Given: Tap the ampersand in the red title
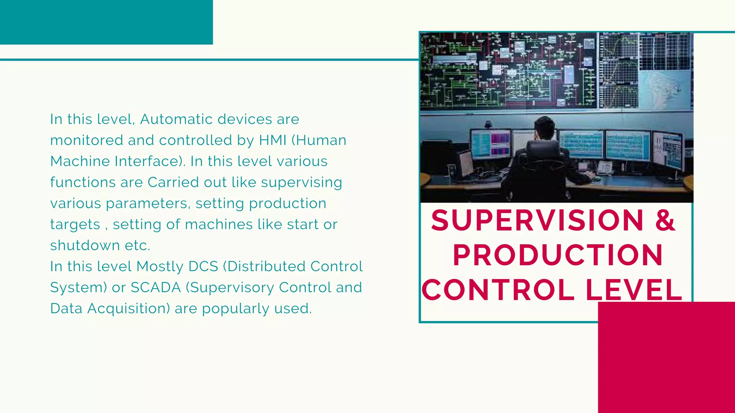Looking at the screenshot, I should tap(665, 220).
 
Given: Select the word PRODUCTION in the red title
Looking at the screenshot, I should tap(557, 255).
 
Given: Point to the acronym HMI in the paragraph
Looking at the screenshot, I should tap(272, 140).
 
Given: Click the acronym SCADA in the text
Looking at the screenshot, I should tap(155, 288).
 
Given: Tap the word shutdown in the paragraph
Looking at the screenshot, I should tap(85, 246).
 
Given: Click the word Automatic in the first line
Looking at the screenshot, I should tap(206, 119).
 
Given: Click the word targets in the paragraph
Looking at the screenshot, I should tap(75, 225).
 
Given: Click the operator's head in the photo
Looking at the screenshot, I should tap(544, 128).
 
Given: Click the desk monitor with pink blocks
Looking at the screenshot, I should tap(491, 144).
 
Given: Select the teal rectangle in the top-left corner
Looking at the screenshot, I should tap(106, 22).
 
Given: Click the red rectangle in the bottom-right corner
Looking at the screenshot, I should tap(666, 357).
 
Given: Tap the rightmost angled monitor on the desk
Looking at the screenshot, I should tap(668, 151).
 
